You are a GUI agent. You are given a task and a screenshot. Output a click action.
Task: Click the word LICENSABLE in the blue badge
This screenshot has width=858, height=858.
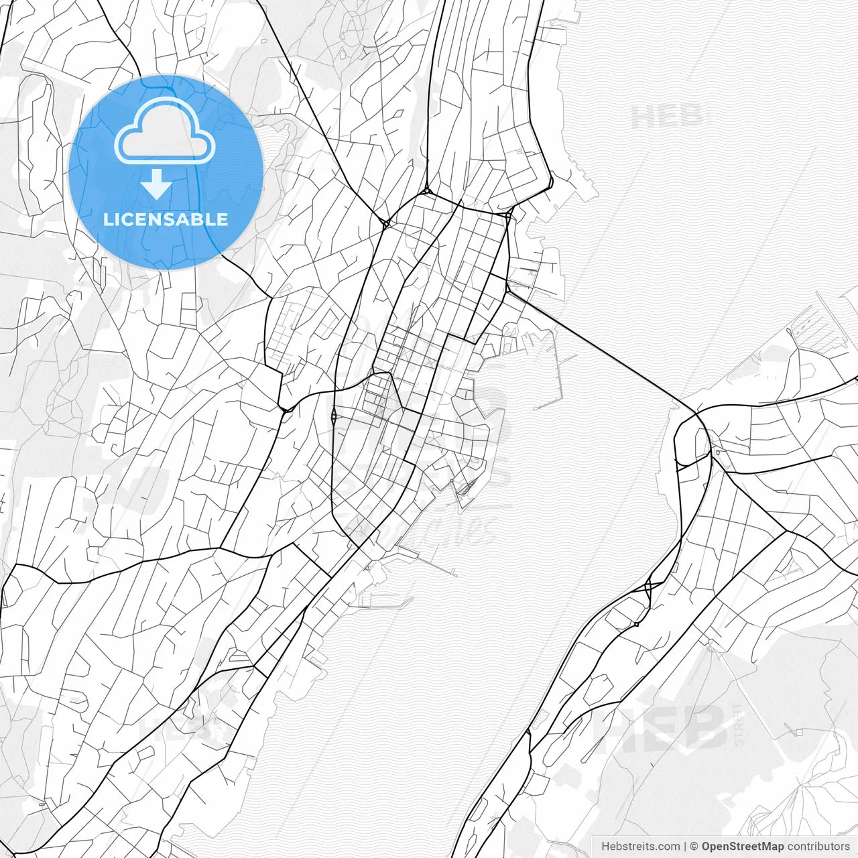tap(166, 219)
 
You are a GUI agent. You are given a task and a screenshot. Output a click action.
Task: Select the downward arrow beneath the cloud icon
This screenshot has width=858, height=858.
tap(157, 184)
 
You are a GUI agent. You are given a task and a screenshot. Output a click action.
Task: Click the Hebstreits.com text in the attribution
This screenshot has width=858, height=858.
tap(639, 847)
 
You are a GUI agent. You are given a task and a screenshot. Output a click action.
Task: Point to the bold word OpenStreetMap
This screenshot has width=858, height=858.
tap(742, 847)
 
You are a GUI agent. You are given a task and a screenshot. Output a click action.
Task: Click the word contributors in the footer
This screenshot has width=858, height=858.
tap(818, 847)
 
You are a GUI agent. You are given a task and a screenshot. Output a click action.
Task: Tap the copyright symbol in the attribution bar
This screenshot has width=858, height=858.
tap(694, 847)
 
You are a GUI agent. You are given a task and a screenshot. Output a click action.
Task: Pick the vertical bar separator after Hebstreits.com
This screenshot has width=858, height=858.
tap(684, 847)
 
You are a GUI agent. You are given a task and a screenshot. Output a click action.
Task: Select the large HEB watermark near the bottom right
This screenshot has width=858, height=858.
tap(660, 727)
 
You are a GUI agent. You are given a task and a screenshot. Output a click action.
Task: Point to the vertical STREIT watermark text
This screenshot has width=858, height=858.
tap(739, 724)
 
